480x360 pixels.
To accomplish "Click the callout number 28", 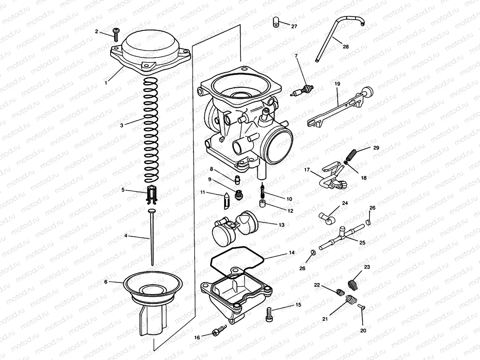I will pos(346,47).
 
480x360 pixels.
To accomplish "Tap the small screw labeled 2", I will pos(115,34).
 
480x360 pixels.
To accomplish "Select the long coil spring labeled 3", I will pos(152,129).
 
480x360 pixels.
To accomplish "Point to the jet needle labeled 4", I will pos(152,238).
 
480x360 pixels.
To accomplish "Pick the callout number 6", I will pos(106,282).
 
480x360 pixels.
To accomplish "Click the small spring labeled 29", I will pos(352,155).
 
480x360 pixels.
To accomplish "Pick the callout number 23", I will pos(367,267).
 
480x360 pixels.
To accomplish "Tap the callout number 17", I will pos(307,170).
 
